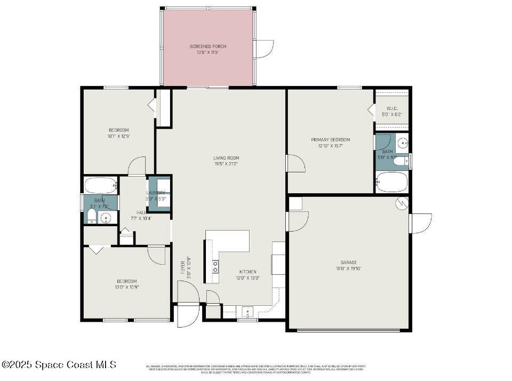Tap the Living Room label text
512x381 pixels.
pyautogui.click(x=226, y=161)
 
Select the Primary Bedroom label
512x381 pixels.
pyautogui.click(x=331, y=142)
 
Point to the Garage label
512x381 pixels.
pyautogui.click(x=349, y=265)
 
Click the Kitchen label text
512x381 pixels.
pyautogui.click(x=247, y=274)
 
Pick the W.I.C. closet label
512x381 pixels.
pyautogui.click(x=392, y=111)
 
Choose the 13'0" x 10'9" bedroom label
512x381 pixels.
pyautogui.click(x=126, y=284)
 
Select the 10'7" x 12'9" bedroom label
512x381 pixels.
pyautogui.click(x=118, y=133)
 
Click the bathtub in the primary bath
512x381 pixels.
pyautogui.click(x=392, y=182)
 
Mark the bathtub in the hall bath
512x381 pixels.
pyautogui.click(x=101, y=186)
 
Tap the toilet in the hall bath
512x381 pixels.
pyautogui.click(x=91, y=216)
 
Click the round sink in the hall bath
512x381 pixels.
pyautogui.click(x=105, y=218)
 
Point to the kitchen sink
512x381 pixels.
pyautogui.click(x=247, y=312)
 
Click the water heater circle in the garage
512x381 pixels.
pyautogui.click(x=402, y=203)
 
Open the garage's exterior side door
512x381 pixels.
pyautogui.click(x=420, y=223)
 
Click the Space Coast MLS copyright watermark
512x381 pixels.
pyautogui.click(x=59, y=364)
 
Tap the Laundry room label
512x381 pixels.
pyautogui.click(x=156, y=195)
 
